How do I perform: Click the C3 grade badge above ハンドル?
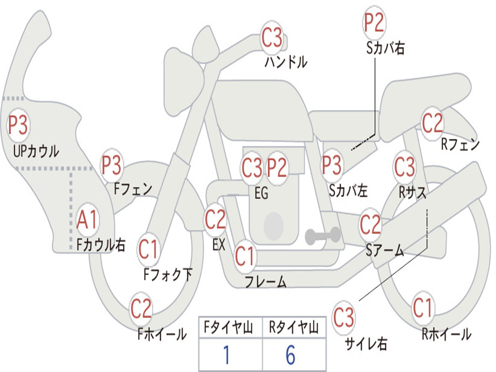272,38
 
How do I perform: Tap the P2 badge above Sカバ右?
374,22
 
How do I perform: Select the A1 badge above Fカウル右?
87,219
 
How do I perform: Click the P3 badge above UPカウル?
18,124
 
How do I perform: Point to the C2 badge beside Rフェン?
433,123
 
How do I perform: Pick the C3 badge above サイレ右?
343,317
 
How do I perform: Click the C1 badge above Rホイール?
422,308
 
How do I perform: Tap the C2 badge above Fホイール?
141,308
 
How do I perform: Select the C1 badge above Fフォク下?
148,249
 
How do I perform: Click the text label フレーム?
266,281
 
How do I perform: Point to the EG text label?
261,193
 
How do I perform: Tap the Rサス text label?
412,192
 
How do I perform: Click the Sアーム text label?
385,250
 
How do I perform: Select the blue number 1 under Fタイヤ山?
226,355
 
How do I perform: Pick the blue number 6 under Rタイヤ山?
291,355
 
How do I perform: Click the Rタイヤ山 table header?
294,327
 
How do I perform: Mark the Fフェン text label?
133,189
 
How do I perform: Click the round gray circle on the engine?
274,226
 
